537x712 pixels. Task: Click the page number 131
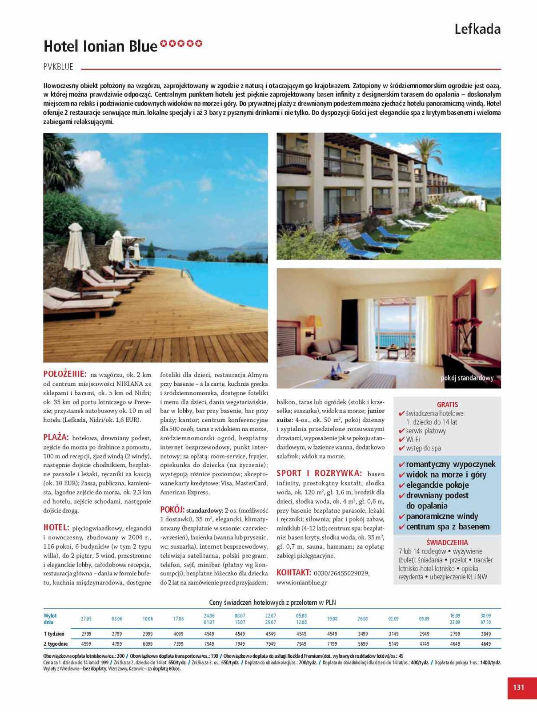518,687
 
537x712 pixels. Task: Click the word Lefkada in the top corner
477,29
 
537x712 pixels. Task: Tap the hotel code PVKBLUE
58,67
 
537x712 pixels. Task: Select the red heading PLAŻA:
56,437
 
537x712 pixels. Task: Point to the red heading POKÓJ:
172,510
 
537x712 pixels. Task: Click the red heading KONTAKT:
293,572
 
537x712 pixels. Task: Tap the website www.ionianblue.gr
302,582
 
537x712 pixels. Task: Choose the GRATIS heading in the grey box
447,405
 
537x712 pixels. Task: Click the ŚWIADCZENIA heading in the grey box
447,542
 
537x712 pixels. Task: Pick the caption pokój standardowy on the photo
467,378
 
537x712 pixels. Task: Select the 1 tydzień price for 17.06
178,634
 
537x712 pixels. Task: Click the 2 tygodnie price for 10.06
148,643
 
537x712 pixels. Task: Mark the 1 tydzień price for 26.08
363,634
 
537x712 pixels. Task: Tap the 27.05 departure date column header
86,619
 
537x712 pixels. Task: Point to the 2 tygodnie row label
56,643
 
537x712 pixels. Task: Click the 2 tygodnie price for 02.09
393,643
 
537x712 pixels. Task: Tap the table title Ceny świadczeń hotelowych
273,603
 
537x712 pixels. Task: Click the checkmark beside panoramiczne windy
401,517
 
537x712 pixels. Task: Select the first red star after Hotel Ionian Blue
164,43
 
